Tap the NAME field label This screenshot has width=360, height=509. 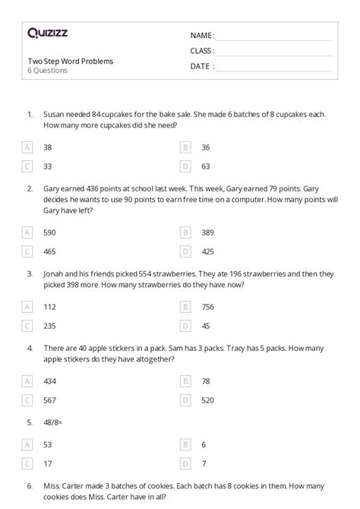coord(202,35)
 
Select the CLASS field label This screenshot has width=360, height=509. coord(203,50)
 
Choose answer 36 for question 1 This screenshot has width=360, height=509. coord(206,147)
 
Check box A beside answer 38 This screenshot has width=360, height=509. coord(27,147)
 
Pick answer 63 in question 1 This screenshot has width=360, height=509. coord(206,165)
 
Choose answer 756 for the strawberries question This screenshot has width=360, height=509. coord(207,307)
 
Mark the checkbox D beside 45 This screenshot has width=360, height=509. coord(185,326)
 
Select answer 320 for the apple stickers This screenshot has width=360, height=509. coord(207,400)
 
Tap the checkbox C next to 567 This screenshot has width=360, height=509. coord(27,400)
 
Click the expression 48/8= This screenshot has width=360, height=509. coord(55,422)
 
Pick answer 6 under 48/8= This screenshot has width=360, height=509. coord(204,445)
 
